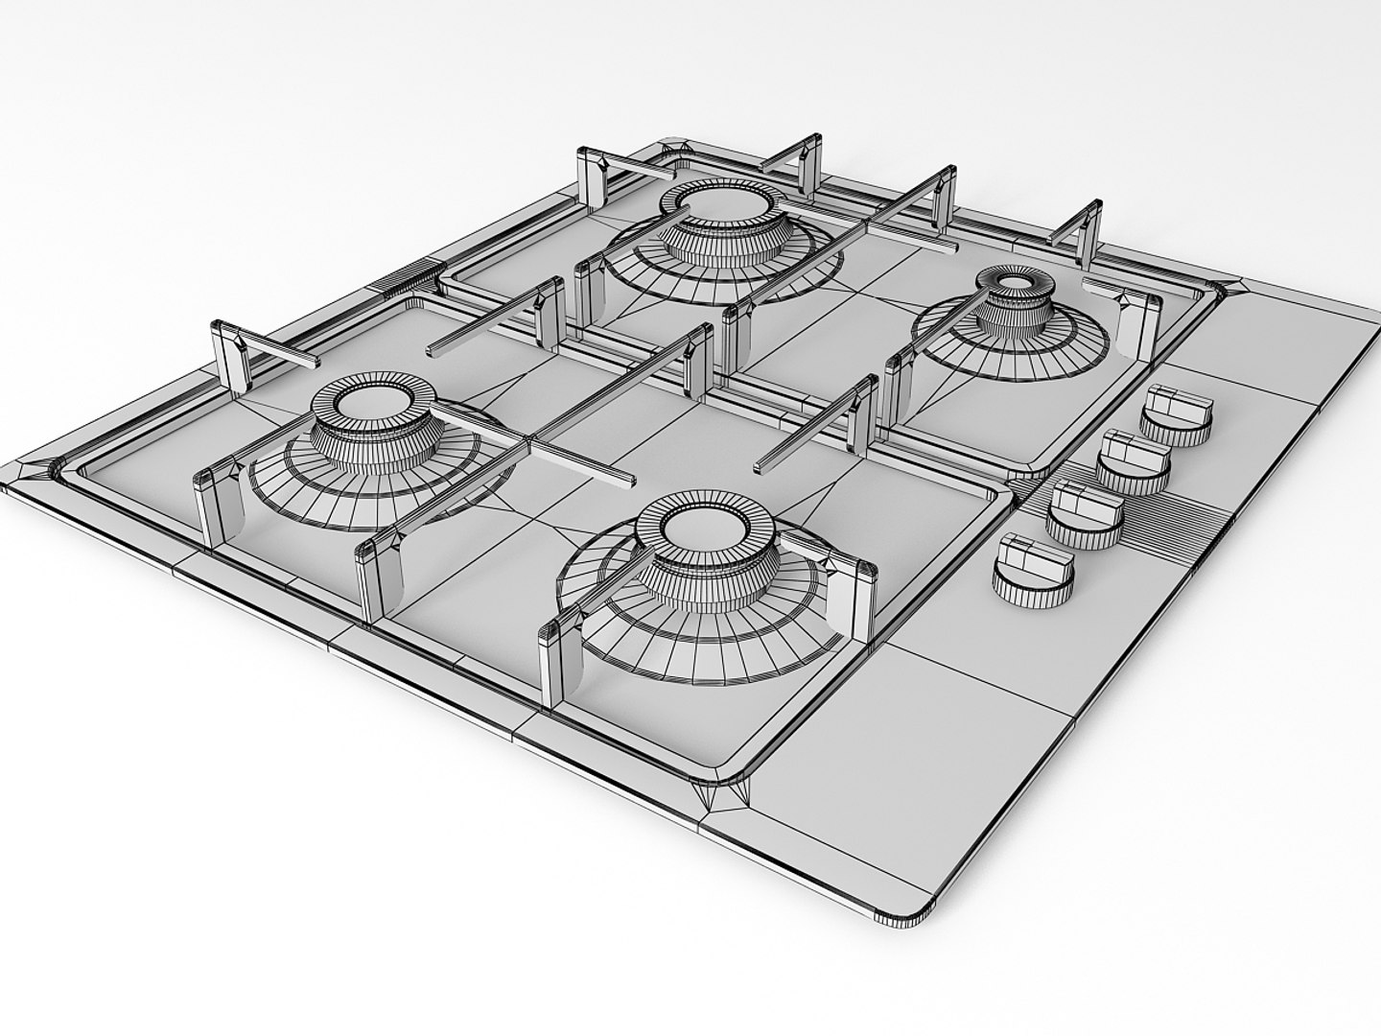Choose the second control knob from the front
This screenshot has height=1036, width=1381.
pyautogui.click(x=1081, y=511)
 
